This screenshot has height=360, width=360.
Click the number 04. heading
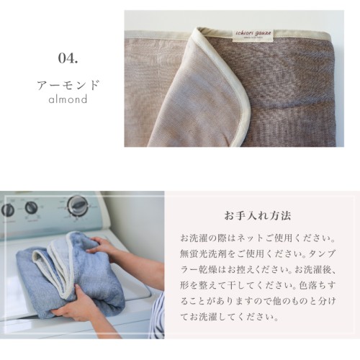click(68, 58)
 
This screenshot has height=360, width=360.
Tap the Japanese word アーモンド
click(68, 85)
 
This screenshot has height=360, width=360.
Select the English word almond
click(68, 99)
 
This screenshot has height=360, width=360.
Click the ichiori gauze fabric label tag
click(253, 37)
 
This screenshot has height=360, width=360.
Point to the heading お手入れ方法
click(258, 216)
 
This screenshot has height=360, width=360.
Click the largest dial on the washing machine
click(78, 206)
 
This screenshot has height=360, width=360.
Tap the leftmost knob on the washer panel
click(7, 210)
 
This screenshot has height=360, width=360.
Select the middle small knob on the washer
click(32, 208)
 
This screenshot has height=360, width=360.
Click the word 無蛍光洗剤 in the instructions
click(203, 254)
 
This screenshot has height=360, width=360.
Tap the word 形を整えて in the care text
click(204, 285)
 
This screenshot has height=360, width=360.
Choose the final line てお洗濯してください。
click(230, 317)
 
